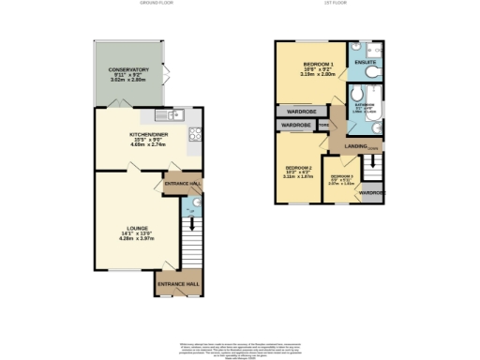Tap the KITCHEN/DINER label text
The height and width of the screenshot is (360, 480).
click(x=147, y=134)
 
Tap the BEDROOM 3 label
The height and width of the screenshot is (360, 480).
click(x=340, y=177)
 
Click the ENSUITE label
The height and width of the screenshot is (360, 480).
click(x=365, y=63)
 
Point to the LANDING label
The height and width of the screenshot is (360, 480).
click(x=355, y=145)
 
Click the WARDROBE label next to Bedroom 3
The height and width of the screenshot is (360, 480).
click(x=372, y=193)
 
